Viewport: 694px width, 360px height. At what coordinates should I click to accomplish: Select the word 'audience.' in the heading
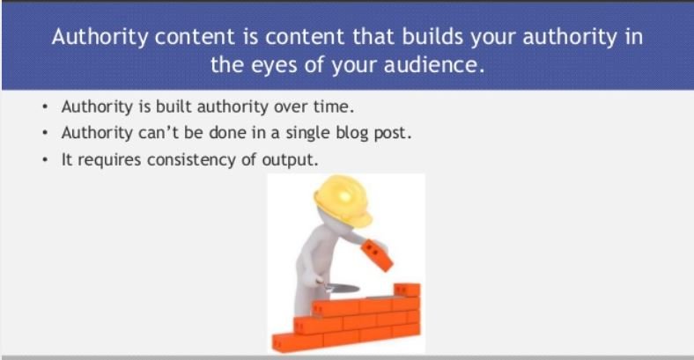(x=434, y=65)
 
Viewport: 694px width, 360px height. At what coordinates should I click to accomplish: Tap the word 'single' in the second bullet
(x=307, y=133)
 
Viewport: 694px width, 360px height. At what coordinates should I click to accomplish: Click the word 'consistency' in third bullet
(x=191, y=159)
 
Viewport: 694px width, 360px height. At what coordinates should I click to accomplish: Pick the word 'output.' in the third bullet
(x=291, y=160)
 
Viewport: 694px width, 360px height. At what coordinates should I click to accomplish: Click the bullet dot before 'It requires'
(x=45, y=159)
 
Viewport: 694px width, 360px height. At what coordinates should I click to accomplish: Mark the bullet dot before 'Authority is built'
(x=45, y=107)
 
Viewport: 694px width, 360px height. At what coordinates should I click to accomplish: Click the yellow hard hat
(x=343, y=201)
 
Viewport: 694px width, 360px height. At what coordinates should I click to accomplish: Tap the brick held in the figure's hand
(x=376, y=255)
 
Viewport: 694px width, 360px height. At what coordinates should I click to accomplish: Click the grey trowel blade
(x=343, y=289)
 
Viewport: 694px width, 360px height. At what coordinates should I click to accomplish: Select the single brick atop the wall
(x=407, y=290)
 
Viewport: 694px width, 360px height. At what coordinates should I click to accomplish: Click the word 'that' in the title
(x=373, y=37)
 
